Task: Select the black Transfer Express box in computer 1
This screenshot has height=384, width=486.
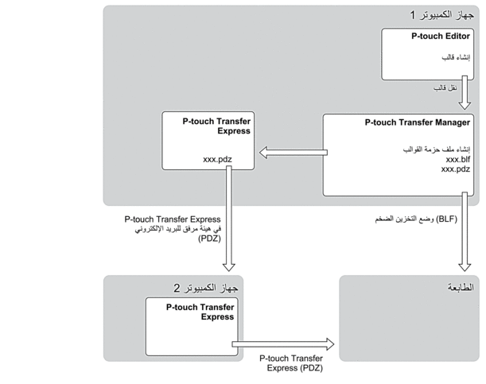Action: click(x=208, y=141)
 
